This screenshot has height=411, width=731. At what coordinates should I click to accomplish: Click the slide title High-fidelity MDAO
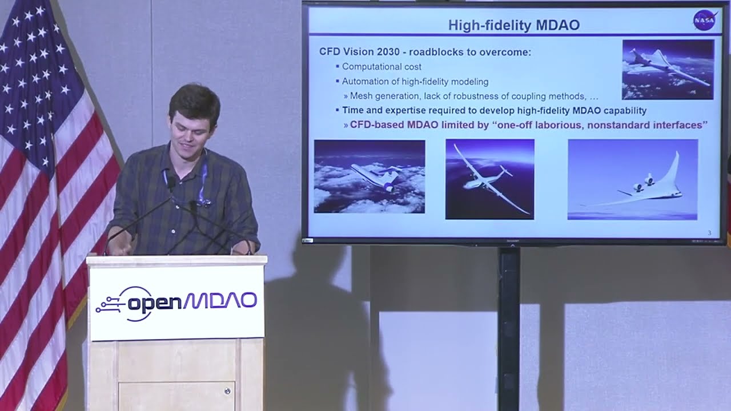click(x=513, y=25)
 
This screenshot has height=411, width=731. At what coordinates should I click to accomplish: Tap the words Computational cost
click(x=381, y=67)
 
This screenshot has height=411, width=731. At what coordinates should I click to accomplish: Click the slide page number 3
click(x=709, y=233)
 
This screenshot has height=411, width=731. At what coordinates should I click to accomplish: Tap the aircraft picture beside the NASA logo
click(x=668, y=70)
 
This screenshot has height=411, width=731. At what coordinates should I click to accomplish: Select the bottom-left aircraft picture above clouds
click(x=369, y=176)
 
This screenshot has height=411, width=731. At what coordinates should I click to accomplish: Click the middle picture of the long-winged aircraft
click(x=489, y=179)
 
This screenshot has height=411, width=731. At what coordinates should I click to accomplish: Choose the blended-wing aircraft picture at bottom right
click(x=632, y=179)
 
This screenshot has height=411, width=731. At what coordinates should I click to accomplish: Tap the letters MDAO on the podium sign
click(x=220, y=301)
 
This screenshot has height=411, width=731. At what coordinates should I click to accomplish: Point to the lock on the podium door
click(x=227, y=391)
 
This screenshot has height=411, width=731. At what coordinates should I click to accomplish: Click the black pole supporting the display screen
click(x=508, y=325)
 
